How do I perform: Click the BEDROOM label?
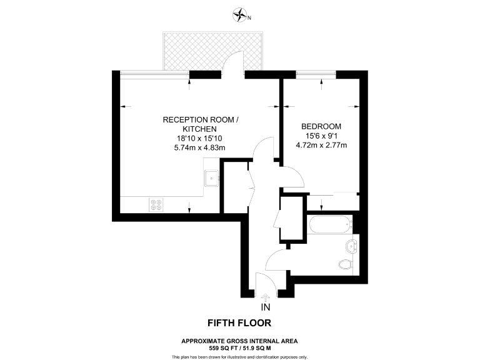click(321, 126)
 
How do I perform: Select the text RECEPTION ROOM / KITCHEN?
click(200, 124)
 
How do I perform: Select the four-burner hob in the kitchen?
click(156, 204)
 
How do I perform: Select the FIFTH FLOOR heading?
click(239, 323)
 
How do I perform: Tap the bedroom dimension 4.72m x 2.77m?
click(321, 145)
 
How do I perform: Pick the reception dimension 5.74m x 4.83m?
click(200, 147)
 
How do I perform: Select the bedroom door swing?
click(292, 176)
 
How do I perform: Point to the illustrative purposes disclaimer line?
click(239, 356)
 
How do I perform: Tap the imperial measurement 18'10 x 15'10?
click(200, 139)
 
